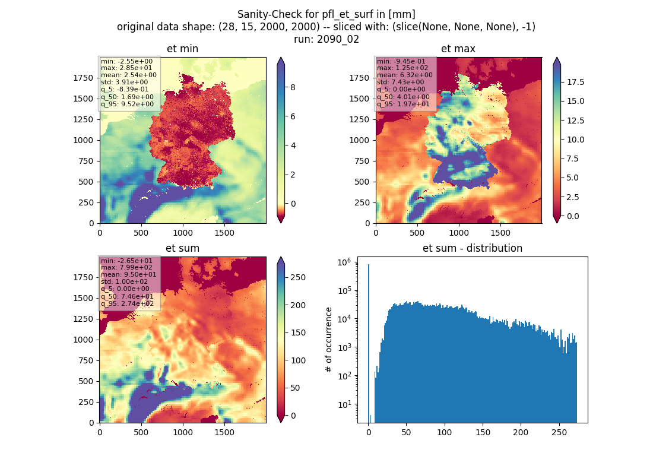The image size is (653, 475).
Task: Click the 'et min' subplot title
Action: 182,49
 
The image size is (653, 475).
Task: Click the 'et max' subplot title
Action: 458,49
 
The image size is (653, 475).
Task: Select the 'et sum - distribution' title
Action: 473,248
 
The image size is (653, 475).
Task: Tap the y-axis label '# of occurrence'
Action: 329,340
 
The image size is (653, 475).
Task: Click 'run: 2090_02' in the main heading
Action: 326,39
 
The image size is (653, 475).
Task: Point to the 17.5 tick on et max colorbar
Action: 575,82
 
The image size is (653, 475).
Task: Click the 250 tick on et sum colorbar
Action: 298,277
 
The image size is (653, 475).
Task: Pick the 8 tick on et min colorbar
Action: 293,87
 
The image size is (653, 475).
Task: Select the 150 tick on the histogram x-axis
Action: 483,432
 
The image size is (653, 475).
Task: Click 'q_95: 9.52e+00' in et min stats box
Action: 128,104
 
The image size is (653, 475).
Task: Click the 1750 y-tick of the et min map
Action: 83,78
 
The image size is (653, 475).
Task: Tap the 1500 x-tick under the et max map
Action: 500,233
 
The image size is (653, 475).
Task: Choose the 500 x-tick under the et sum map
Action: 141,432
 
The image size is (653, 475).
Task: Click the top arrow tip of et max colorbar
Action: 557,58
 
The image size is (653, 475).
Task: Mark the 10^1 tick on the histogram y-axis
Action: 345,404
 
